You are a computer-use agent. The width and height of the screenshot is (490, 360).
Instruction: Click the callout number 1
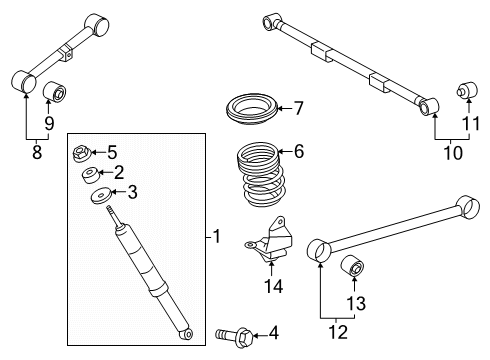pyautogui.click(x=216, y=237)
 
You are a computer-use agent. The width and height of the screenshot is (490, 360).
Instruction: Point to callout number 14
pyautogui.click(x=273, y=286)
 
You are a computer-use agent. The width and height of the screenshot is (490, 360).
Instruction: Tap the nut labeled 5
pyautogui.click(x=82, y=154)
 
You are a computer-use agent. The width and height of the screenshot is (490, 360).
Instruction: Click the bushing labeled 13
pyautogui.click(x=353, y=269)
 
